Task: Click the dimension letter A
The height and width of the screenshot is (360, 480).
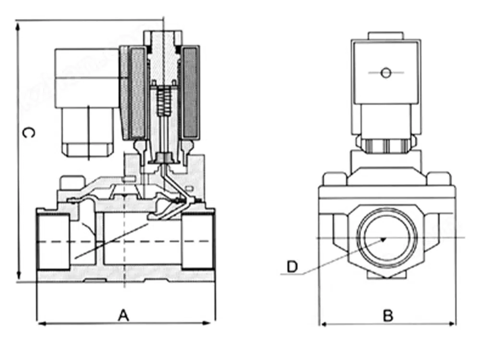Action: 124,315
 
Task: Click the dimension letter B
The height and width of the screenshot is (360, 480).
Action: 388,316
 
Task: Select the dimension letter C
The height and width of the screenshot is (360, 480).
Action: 28,133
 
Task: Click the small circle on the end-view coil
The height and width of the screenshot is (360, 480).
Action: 385,73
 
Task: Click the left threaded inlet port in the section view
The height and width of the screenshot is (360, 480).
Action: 53,242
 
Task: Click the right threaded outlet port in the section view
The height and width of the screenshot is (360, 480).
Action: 197,242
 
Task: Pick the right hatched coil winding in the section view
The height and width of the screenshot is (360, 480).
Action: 191,91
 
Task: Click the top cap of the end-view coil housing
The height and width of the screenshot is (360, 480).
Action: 385,36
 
